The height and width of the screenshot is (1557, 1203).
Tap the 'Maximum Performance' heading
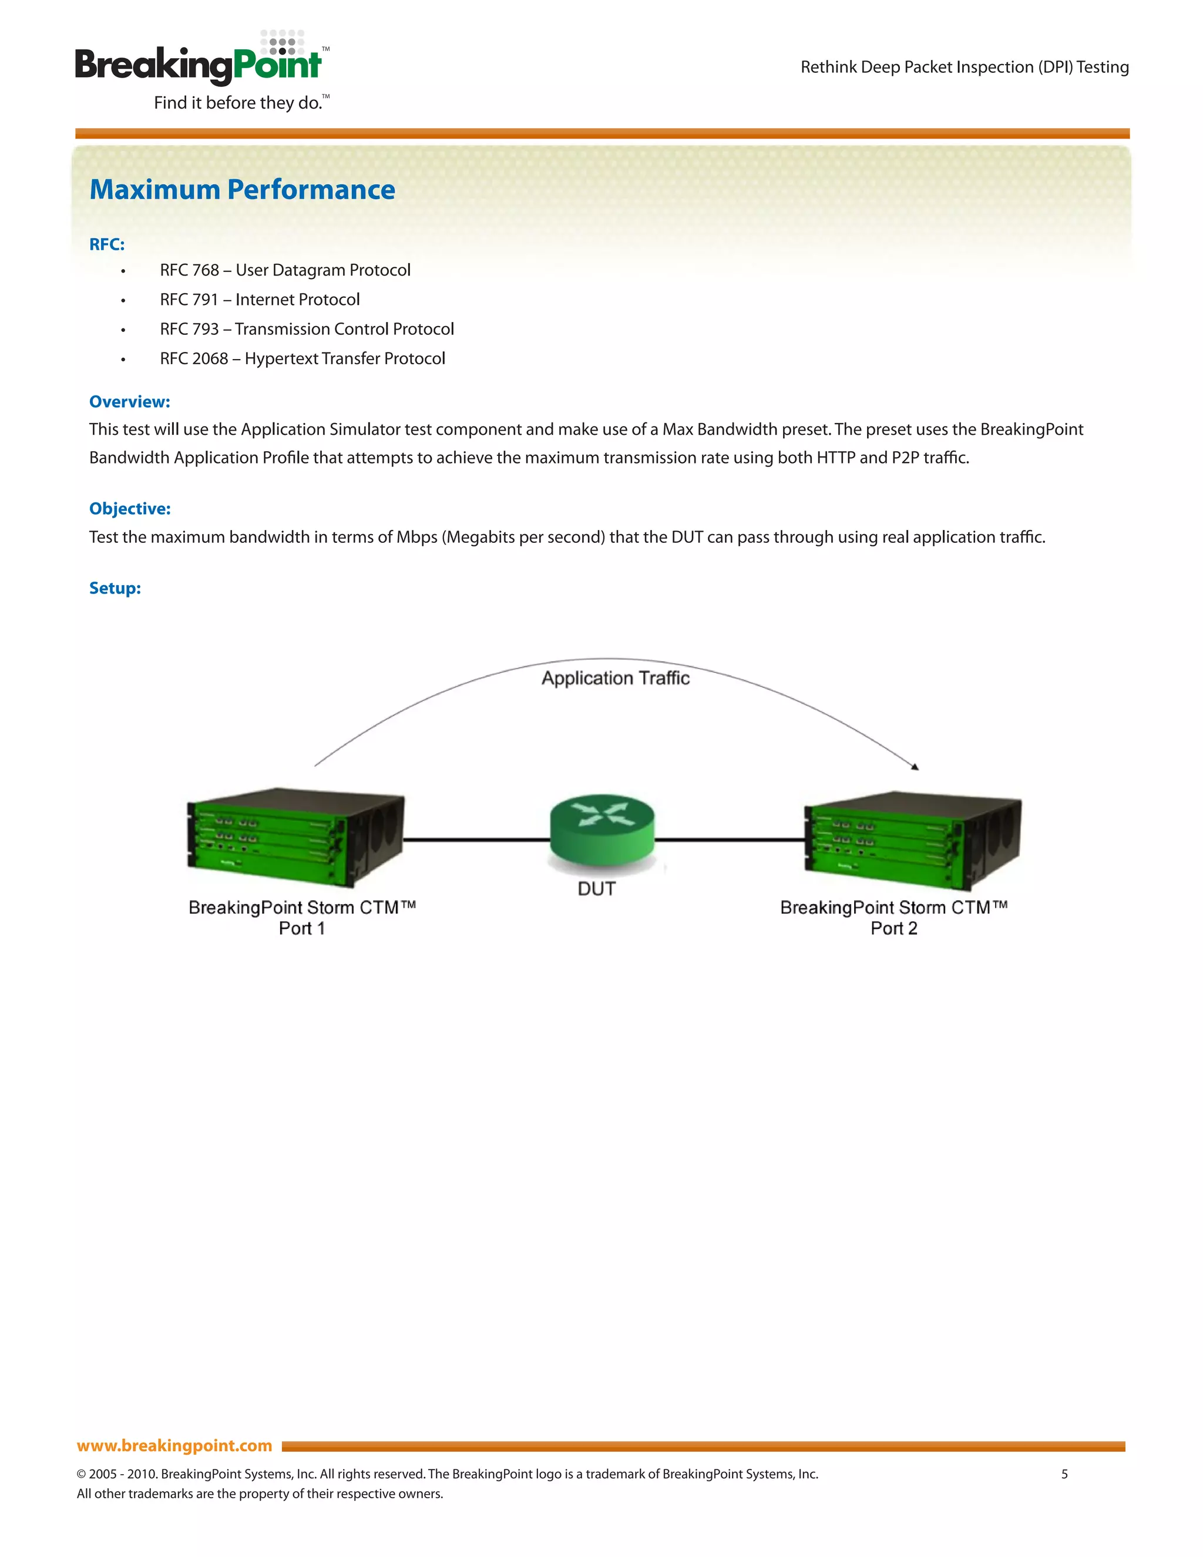click(x=243, y=190)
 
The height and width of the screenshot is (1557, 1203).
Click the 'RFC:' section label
click(x=107, y=244)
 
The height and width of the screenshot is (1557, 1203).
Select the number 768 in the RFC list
click(x=206, y=270)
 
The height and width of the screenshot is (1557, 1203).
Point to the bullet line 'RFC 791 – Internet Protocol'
click(x=260, y=300)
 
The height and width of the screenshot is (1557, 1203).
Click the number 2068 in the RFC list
click(x=210, y=358)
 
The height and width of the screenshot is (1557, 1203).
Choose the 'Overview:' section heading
click(x=130, y=402)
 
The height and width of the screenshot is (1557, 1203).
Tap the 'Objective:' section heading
click(x=130, y=509)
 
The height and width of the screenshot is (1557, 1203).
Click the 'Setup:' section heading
click(x=115, y=588)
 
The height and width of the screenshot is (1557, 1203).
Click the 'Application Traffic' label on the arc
click(x=615, y=678)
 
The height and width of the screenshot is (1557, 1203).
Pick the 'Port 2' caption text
click(x=893, y=928)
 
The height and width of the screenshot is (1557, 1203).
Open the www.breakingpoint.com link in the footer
click(x=174, y=1446)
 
